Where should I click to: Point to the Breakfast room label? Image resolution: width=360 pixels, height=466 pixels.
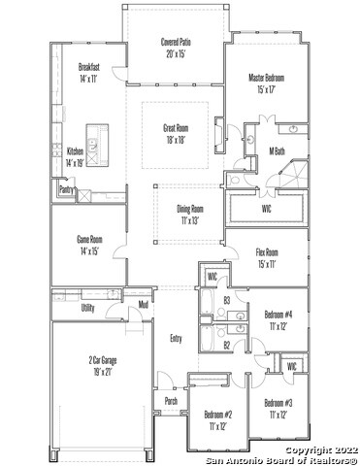pos(88,72)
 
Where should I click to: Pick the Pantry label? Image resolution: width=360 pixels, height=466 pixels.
pos(66,190)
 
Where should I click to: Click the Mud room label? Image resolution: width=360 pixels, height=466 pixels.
pos(143,305)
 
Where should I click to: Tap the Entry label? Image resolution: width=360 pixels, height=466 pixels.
pos(176,338)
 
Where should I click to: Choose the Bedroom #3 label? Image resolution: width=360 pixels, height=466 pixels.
pos(278,408)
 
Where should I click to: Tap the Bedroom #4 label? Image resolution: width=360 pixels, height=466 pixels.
pos(278,320)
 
